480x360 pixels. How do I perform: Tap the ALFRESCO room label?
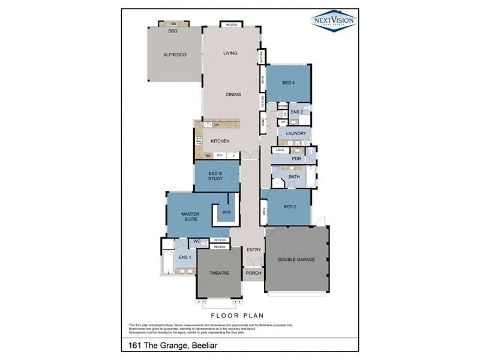pos(175,55)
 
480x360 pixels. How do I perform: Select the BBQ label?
pos(173,31)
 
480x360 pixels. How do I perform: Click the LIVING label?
pos(230,53)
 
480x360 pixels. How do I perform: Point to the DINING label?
pos(233,94)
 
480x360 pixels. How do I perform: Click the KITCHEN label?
pos(220,141)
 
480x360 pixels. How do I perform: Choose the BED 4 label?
pos(289,83)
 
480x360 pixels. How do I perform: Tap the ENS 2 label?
pos(297,112)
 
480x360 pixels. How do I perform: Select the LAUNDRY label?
pos(296,133)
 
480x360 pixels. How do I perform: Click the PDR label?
pos(296,159)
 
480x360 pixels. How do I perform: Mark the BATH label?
pos(294,177)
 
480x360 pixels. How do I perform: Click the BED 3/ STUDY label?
pos(216,176)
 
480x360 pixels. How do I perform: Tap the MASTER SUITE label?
pos(191,217)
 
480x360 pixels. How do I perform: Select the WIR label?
pos(227,212)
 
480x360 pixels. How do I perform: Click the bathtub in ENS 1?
pos(168,263)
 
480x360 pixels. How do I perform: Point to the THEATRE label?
pos(219,273)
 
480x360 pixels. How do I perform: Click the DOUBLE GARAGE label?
pos(296,260)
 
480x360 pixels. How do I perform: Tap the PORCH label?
pos(253,274)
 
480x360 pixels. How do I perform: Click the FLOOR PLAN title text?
pos(237,315)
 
